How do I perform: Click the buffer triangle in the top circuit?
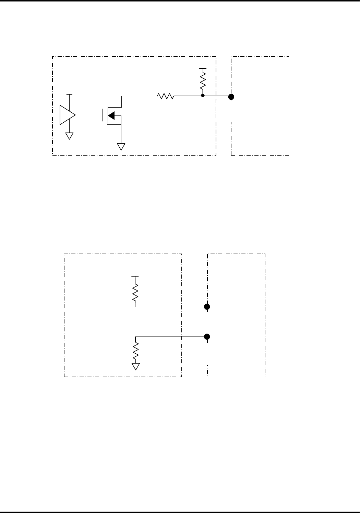coord(67,115)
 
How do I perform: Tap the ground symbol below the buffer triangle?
coord(70,136)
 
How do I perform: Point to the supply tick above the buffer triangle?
coord(70,94)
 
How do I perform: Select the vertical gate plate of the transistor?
coord(103,115)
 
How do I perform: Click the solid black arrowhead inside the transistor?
coord(111,115)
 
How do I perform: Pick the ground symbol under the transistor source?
coord(121,147)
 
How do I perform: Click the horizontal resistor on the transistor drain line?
coord(166,97)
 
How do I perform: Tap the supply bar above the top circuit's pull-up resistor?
coord(203,69)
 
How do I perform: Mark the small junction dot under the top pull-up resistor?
coord(203,96)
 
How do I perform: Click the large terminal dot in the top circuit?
coord(231,97)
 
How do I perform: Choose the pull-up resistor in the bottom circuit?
coord(135,292)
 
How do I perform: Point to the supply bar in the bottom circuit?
coord(135,276)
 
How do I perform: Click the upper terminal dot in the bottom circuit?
coord(207,307)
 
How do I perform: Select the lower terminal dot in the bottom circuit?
coord(207,337)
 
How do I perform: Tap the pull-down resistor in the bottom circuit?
coord(136,351)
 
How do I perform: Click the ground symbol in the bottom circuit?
coord(136,366)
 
